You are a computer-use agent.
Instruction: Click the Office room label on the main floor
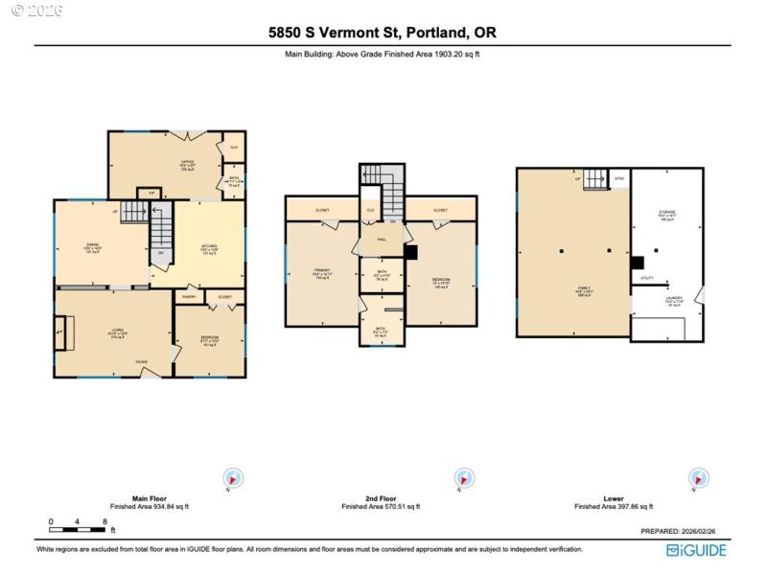[187, 162]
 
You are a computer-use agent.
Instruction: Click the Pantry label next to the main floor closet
[190, 297]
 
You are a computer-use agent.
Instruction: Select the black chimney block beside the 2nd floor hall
[410, 253]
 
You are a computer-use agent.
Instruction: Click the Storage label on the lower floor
[667, 212]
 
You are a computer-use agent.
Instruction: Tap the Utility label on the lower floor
[647, 279]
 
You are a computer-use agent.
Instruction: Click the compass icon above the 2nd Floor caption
[464, 478]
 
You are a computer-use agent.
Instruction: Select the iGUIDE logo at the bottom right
[697, 550]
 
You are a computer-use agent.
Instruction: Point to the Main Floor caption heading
[149, 498]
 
